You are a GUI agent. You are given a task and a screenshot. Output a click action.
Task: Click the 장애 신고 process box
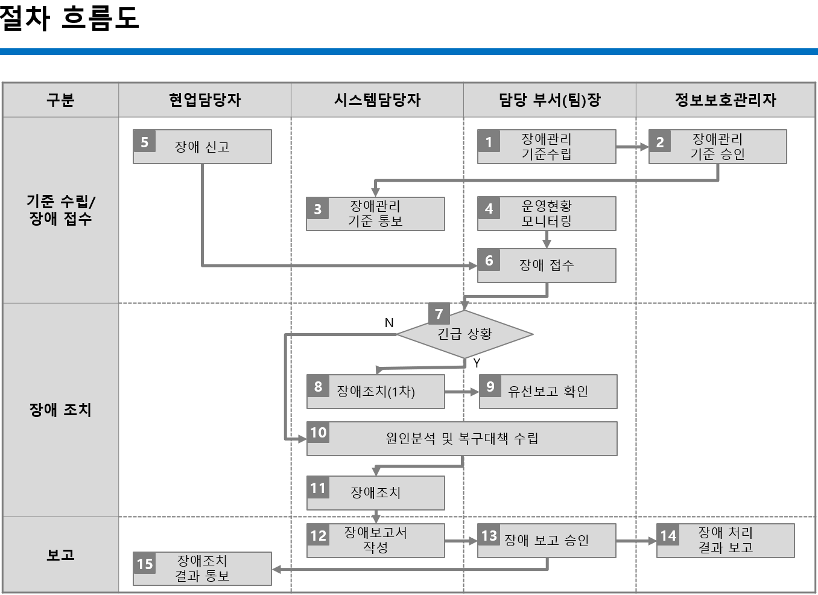tap(202, 147)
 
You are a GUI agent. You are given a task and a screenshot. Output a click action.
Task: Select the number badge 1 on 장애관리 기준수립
tap(489, 142)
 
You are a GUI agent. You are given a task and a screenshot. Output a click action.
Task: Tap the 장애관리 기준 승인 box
tap(717, 147)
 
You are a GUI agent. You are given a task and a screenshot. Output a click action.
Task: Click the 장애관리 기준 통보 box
tap(375, 214)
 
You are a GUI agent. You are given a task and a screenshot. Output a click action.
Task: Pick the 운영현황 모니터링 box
tap(547, 214)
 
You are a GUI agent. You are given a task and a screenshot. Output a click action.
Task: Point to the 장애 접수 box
tap(547, 266)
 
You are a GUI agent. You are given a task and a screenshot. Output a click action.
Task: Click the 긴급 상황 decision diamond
tap(464, 334)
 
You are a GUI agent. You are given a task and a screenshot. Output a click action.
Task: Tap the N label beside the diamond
tap(389, 323)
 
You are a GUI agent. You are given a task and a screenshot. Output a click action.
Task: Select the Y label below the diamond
tap(477, 363)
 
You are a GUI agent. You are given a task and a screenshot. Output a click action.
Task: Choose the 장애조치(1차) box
tap(375, 392)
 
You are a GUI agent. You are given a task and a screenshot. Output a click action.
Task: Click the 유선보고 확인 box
tap(548, 392)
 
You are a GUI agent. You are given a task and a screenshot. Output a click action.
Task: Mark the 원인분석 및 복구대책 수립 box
tap(461, 439)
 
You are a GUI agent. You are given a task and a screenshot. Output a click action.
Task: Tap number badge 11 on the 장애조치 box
tap(318, 488)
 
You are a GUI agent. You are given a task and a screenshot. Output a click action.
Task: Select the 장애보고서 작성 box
tap(375, 540)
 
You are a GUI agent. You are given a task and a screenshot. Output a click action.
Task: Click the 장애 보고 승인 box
tap(547, 540)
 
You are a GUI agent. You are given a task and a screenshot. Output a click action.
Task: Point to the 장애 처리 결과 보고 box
tap(725, 540)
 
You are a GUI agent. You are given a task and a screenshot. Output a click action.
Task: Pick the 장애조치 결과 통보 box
tap(202, 568)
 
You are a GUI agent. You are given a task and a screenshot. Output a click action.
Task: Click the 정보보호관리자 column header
tap(725, 100)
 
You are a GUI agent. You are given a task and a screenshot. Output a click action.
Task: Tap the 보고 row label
tap(60, 555)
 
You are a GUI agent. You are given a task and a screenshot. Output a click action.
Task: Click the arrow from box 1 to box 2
tap(632, 147)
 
